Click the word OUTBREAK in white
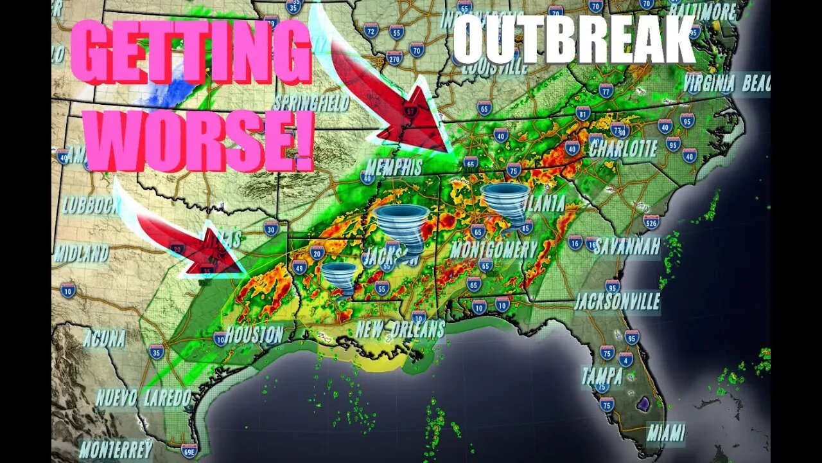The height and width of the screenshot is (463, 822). point(573,40)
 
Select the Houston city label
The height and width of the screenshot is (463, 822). point(254,334)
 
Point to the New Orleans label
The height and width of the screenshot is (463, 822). point(400,329)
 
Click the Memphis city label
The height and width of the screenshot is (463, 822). point(394,167)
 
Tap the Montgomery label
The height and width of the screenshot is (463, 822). point(493,249)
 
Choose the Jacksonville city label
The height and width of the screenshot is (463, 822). point(616,301)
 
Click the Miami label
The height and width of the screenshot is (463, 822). point(666,432)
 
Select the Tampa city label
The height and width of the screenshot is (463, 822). point(602,376)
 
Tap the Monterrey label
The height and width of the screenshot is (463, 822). point(116,448)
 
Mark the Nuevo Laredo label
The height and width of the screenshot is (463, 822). point(144,397)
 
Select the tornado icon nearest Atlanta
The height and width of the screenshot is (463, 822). point(506,204)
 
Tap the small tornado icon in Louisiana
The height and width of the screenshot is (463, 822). point(338,278)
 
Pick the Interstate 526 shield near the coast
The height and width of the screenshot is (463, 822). point(651,222)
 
